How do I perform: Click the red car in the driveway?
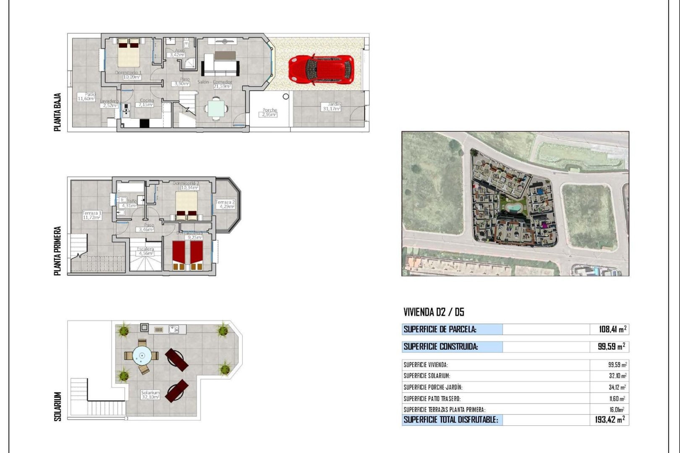[321, 70]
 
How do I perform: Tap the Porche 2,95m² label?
[269, 112]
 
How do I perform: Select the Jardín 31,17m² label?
[332, 107]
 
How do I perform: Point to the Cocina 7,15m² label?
[146, 103]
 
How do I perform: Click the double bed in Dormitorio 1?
[128, 53]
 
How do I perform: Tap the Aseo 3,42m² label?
[178, 53]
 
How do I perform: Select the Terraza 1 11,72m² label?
[92, 216]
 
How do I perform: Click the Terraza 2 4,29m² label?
[225, 204]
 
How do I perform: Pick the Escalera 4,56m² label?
[146, 251]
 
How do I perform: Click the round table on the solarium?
[142, 357]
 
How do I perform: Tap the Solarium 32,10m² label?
[150, 395]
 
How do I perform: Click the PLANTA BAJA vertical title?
[58, 112]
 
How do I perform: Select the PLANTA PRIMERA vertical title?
[58, 251]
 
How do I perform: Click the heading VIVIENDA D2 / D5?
[434, 312]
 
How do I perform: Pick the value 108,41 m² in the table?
[612, 329]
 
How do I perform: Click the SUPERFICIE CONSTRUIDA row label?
[441, 346]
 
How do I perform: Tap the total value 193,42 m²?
[609, 419]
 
